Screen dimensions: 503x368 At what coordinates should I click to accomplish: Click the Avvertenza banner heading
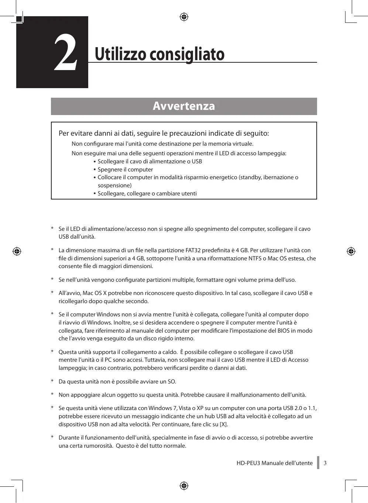(184, 106)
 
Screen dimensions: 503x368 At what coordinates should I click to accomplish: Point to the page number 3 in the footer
(325, 463)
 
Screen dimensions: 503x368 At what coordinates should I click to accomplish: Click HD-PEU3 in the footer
(248, 463)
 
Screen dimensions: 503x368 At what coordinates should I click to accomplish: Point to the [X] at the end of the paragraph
(224, 424)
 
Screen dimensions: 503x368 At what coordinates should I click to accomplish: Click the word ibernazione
(278, 177)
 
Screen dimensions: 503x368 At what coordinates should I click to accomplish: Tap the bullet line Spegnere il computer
(125, 170)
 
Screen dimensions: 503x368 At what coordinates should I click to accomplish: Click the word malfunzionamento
(255, 395)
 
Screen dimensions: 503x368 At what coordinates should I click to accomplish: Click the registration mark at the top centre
(184, 17)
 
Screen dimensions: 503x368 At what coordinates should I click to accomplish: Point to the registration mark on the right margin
(351, 251)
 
